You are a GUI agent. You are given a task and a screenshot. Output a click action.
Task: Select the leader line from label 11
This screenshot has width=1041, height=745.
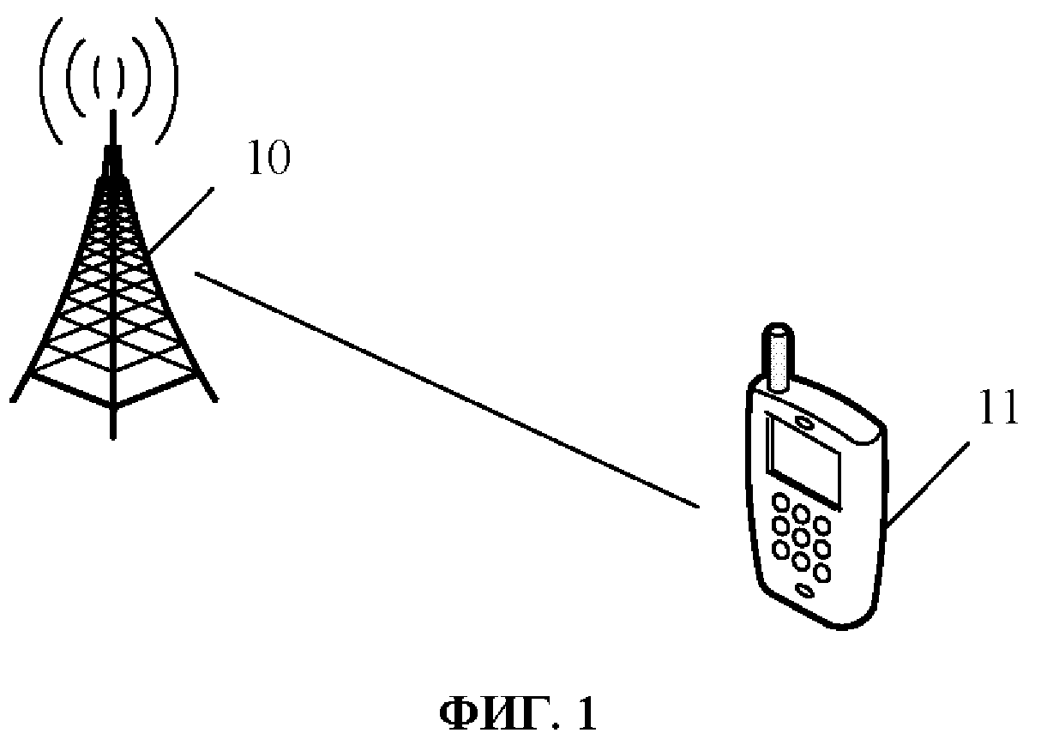click(x=928, y=484)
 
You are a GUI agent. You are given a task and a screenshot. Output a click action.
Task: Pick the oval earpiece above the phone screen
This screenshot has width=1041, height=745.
click(x=804, y=420)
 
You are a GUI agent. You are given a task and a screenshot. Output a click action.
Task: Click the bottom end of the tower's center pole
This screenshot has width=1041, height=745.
click(x=111, y=436)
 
